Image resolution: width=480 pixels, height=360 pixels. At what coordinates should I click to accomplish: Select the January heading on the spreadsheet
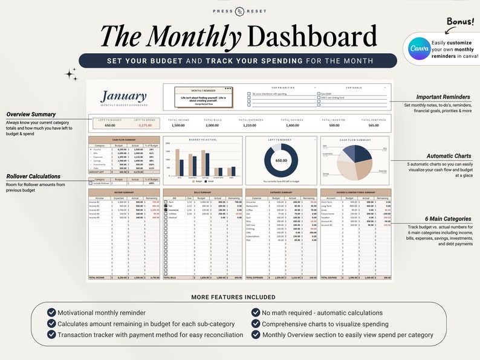tap(123, 96)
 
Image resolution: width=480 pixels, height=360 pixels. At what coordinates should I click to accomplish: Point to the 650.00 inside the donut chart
tap(281, 161)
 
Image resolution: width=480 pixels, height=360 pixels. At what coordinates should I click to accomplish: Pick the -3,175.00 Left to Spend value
tap(144, 125)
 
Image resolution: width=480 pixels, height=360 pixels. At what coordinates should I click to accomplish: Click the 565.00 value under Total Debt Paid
tap(374, 125)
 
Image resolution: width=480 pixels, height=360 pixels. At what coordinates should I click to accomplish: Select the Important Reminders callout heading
tap(443, 97)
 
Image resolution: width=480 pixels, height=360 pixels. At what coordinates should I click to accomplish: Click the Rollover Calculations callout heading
tap(34, 176)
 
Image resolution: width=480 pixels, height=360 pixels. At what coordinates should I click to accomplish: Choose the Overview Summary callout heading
tap(31, 114)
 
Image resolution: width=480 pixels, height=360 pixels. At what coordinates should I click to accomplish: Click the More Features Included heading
tap(233, 297)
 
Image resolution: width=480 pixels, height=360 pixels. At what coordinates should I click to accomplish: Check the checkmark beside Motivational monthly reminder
tap(51, 312)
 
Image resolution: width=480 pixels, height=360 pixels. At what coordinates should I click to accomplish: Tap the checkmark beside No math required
tap(256, 312)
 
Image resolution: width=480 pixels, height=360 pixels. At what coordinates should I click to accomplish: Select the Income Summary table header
tap(124, 192)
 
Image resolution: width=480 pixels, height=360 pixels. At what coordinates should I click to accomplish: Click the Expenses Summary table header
tap(281, 192)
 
